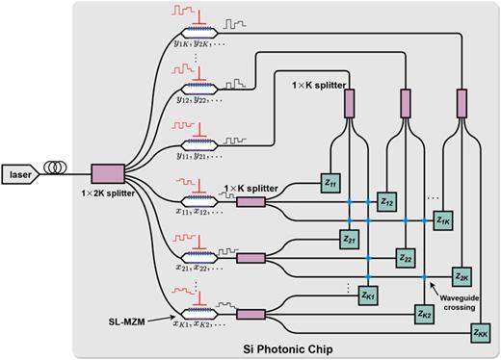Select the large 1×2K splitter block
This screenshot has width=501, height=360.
pyautogui.click(x=105, y=173)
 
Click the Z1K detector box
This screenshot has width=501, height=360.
pyautogui.click(x=443, y=220)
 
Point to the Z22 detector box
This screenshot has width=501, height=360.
pyautogui.click(x=405, y=258)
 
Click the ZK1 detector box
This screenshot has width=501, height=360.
pyautogui.click(x=368, y=296)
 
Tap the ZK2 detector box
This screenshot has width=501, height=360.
pyautogui.click(x=424, y=314)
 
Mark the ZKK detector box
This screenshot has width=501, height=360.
pyautogui.click(x=480, y=332)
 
